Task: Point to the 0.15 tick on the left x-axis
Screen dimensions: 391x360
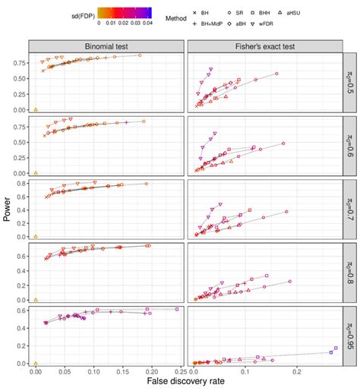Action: pyautogui.click(x=122, y=372)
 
